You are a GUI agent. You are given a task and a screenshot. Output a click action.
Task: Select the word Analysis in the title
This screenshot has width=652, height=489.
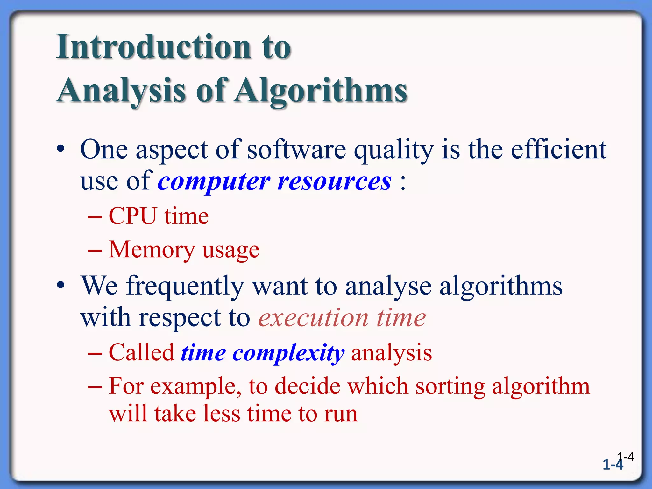(121, 91)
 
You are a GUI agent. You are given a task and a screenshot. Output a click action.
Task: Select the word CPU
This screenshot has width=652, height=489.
(133, 216)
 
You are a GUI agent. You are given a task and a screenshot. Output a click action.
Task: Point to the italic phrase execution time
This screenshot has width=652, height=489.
(342, 318)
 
